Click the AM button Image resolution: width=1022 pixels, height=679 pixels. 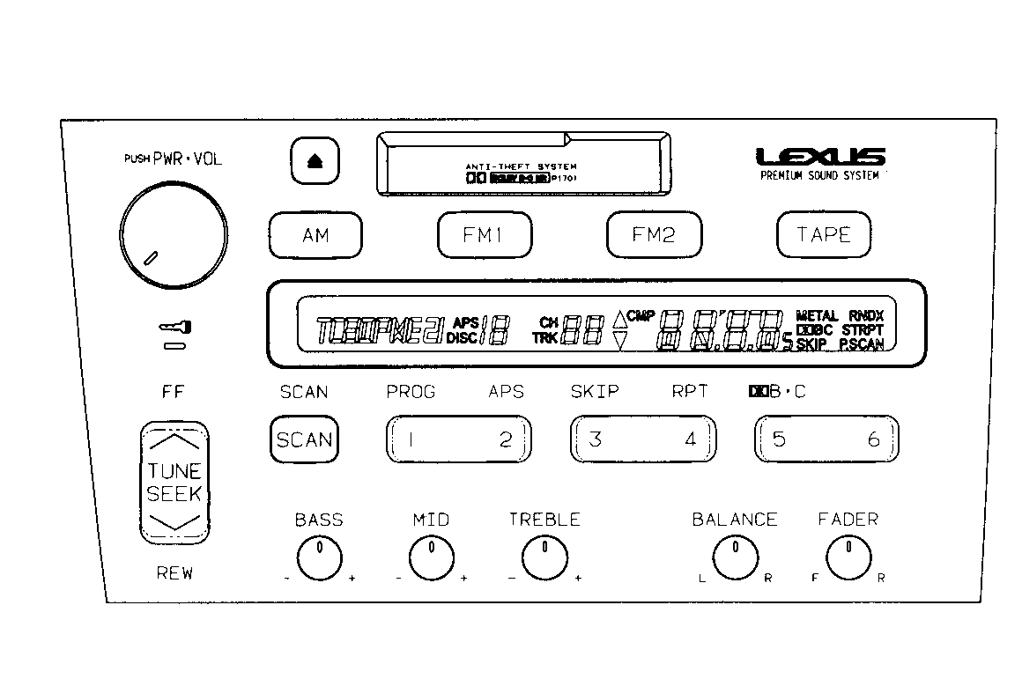click(x=315, y=235)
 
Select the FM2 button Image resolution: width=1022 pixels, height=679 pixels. click(x=654, y=235)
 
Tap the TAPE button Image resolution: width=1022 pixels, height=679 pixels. click(x=823, y=235)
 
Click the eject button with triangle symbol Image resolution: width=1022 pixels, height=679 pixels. click(x=315, y=161)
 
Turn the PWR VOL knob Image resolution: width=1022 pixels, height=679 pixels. click(x=174, y=227)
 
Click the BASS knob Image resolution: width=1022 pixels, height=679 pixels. click(x=319, y=558)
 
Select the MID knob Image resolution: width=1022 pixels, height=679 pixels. click(x=431, y=558)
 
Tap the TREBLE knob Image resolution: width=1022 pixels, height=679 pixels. click(x=544, y=558)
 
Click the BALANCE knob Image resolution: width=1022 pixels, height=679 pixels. click(x=734, y=558)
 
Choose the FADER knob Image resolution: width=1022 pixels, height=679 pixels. click(x=848, y=558)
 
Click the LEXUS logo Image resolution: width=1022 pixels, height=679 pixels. click(x=820, y=158)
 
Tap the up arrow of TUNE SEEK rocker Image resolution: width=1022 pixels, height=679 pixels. click(x=174, y=441)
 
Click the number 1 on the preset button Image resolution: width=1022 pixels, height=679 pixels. click(x=411, y=439)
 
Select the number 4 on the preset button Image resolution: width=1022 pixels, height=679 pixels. click(x=690, y=439)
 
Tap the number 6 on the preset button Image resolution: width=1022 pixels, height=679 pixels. click(x=873, y=439)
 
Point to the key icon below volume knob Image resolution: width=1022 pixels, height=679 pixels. click(x=174, y=328)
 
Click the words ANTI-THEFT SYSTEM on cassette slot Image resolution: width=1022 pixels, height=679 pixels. click(x=522, y=166)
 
